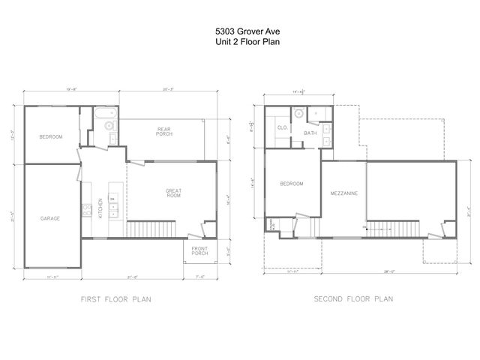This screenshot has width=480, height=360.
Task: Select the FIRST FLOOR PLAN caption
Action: (116, 299)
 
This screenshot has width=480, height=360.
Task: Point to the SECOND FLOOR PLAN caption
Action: (353, 299)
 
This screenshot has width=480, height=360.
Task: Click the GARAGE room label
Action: (50, 218)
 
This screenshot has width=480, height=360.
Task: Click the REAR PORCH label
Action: (164, 131)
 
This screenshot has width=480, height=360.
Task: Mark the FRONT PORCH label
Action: (199, 251)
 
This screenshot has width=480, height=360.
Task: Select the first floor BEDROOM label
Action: (51, 136)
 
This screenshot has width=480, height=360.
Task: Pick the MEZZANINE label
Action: (343, 193)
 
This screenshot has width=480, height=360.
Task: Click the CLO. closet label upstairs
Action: (283, 127)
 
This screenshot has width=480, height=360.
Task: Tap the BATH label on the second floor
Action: (310, 133)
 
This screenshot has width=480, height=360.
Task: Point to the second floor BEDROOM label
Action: (291, 184)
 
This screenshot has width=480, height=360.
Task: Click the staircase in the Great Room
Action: (150, 229)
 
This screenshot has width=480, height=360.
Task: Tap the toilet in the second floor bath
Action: (298, 114)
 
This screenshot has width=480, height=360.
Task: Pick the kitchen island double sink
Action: (113, 205)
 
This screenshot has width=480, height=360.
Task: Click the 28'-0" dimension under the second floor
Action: (389, 271)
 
